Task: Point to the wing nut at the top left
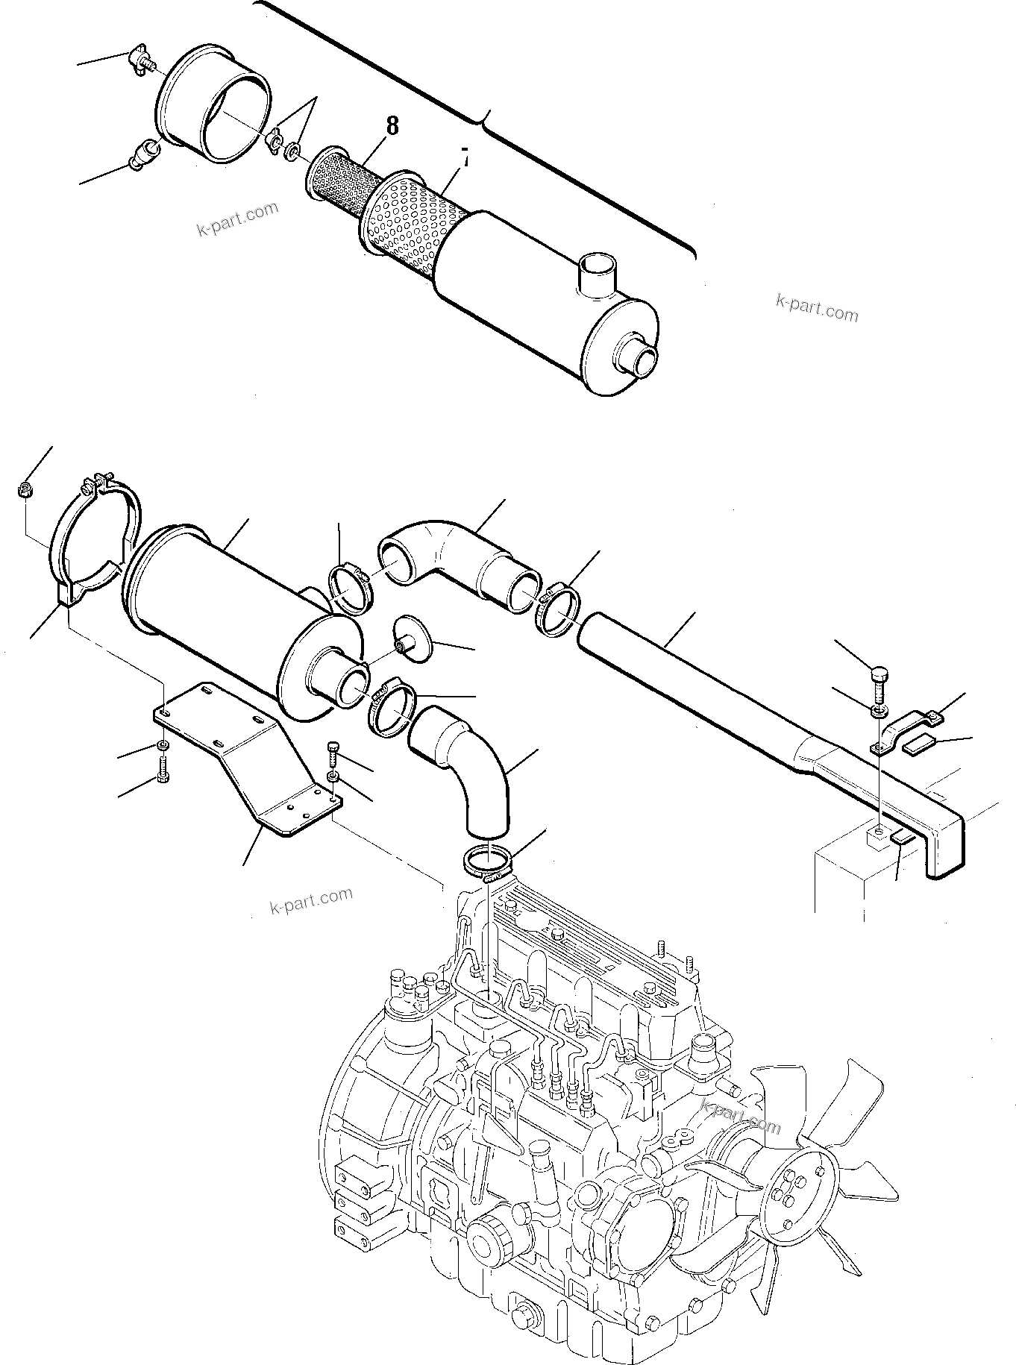(139, 60)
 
